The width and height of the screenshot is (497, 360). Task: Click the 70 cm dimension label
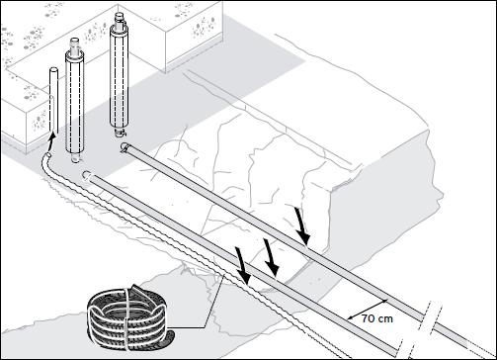point(377,318)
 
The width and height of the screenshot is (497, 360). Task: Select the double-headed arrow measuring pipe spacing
point(368,310)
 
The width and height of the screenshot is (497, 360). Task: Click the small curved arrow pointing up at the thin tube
point(49,142)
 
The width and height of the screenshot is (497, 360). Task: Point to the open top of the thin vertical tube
point(53,70)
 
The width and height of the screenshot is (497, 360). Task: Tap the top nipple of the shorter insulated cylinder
point(74,45)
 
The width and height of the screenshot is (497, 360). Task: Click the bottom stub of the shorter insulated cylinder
point(75,157)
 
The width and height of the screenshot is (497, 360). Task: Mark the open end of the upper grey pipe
point(124,147)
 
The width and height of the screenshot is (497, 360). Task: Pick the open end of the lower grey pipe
point(87,175)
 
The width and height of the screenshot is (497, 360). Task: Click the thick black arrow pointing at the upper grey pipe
point(302,226)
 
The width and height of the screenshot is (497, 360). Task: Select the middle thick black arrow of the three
point(272,257)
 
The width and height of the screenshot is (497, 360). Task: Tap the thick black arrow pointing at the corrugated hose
point(242,265)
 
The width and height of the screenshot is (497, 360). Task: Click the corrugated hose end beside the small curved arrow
point(48,155)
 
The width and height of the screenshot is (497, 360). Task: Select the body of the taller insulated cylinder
point(119,77)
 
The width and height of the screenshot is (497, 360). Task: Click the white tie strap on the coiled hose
point(126,318)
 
